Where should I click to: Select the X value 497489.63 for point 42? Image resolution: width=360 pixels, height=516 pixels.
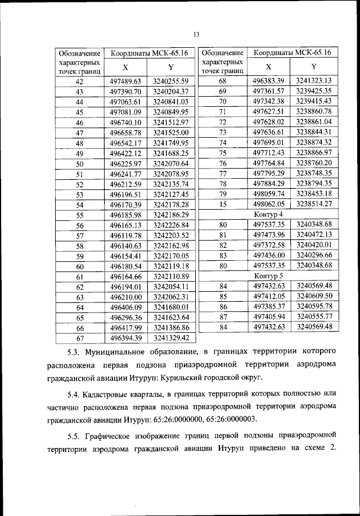(x=125, y=81)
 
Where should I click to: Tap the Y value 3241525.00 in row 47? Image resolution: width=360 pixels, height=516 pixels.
(x=169, y=133)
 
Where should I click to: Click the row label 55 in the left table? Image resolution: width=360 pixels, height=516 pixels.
(x=79, y=215)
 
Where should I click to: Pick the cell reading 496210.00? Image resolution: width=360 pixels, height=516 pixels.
(x=125, y=297)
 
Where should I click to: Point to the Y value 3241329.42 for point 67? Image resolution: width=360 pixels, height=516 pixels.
(x=169, y=338)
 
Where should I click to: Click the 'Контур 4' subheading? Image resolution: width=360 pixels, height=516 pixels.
(x=268, y=214)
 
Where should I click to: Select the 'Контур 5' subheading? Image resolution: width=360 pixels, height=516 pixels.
(x=268, y=275)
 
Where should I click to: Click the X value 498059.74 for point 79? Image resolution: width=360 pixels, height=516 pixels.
(x=269, y=193)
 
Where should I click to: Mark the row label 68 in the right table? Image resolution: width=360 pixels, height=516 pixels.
(x=222, y=80)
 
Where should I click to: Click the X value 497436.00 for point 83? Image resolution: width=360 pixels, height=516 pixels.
(x=269, y=255)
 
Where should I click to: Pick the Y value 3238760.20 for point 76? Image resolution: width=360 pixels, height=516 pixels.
(x=314, y=162)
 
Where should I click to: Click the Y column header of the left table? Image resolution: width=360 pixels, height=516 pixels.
(x=170, y=67)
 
